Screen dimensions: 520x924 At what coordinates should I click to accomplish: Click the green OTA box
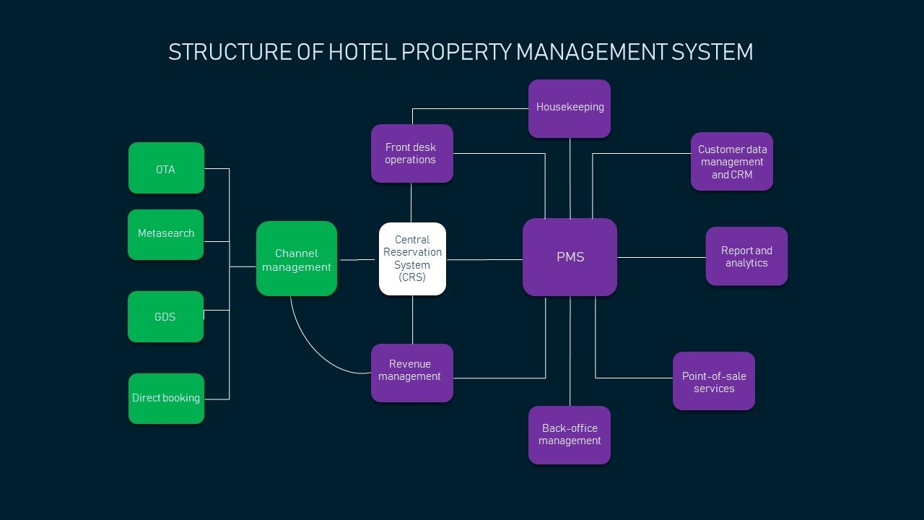166,168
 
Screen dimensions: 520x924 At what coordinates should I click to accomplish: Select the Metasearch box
165,234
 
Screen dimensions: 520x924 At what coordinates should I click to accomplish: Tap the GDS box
165,316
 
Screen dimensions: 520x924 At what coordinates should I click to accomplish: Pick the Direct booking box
166,398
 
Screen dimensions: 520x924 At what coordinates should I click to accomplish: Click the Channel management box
296,259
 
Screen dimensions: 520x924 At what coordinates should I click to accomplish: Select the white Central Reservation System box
412,259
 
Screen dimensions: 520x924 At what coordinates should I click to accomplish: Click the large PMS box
570,257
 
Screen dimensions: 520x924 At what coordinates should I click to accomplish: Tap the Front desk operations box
411,153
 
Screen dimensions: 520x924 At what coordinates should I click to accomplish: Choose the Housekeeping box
569,108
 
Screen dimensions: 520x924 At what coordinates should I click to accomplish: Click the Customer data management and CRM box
731,162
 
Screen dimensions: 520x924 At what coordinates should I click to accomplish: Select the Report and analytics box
746,256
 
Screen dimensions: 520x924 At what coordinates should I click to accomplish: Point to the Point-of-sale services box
713,381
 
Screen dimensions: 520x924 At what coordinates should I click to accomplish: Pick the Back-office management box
569,435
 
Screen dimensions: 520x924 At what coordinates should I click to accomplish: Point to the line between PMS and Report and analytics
661,257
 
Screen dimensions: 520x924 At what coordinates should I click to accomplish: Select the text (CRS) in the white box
412,277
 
